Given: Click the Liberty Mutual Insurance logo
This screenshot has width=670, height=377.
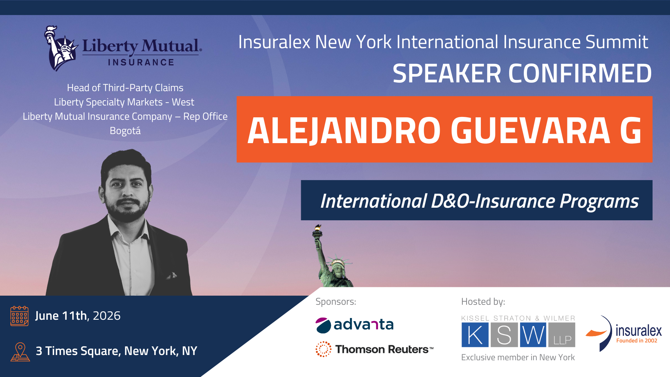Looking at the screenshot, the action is pyautogui.click(x=123, y=48).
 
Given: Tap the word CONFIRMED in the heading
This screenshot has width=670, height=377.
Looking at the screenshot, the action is pyautogui.click(x=580, y=74).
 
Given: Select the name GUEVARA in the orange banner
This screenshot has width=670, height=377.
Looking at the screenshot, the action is pyautogui.click(x=530, y=131).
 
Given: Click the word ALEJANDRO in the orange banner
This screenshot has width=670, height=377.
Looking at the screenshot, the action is pyautogui.click(x=344, y=131).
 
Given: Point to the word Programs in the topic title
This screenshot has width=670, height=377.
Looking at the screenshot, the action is pyautogui.click(x=599, y=201).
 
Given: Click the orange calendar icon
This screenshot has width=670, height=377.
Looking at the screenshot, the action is pyautogui.click(x=20, y=316).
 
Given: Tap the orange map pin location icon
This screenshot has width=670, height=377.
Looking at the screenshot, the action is pyautogui.click(x=20, y=352).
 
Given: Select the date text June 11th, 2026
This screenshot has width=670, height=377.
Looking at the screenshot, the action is pyautogui.click(x=78, y=316).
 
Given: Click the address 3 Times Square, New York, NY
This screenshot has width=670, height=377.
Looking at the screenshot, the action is pyautogui.click(x=117, y=351).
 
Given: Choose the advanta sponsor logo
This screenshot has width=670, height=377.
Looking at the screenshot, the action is pyautogui.click(x=355, y=325).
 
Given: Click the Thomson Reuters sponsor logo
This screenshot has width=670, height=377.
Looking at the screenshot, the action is pyautogui.click(x=374, y=349).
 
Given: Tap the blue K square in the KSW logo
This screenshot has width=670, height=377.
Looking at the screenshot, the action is pyautogui.click(x=475, y=335).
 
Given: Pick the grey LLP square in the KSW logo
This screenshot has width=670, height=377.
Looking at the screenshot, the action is pyautogui.click(x=562, y=335).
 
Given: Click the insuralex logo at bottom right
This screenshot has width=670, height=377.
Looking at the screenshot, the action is pyautogui.click(x=624, y=333).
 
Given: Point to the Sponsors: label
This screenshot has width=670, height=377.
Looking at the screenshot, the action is pyautogui.click(x=336, y=302).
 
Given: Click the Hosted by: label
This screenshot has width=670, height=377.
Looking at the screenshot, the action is pyautogui.click(x=483, y=302).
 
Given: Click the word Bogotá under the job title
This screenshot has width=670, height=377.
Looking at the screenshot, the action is pyautogui.click(x=125, y=131).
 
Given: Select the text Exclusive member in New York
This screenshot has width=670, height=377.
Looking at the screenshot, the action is pyautogui.click(x=518, y=357).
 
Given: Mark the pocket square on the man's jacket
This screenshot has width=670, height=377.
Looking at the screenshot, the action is pyautogui.click(x=172, y=276).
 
